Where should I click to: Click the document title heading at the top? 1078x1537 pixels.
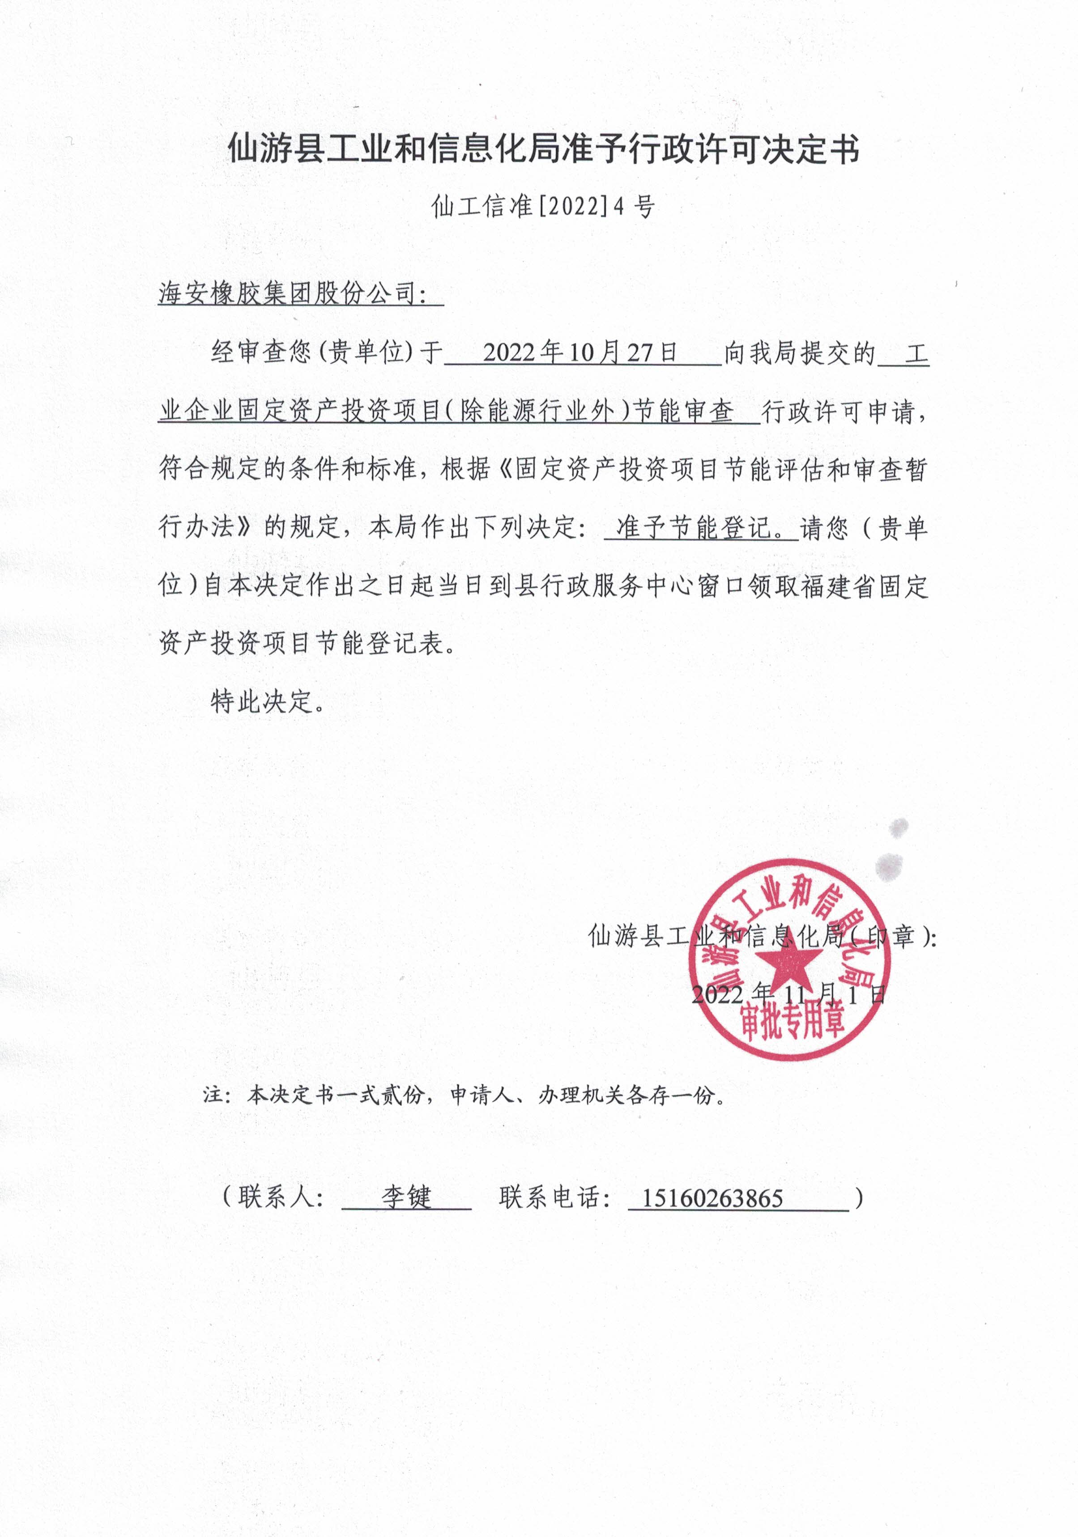tap(544, 149)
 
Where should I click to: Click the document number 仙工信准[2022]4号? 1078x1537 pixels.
tap(543, 206)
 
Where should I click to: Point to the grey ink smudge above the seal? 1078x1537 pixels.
tap(891, 864)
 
